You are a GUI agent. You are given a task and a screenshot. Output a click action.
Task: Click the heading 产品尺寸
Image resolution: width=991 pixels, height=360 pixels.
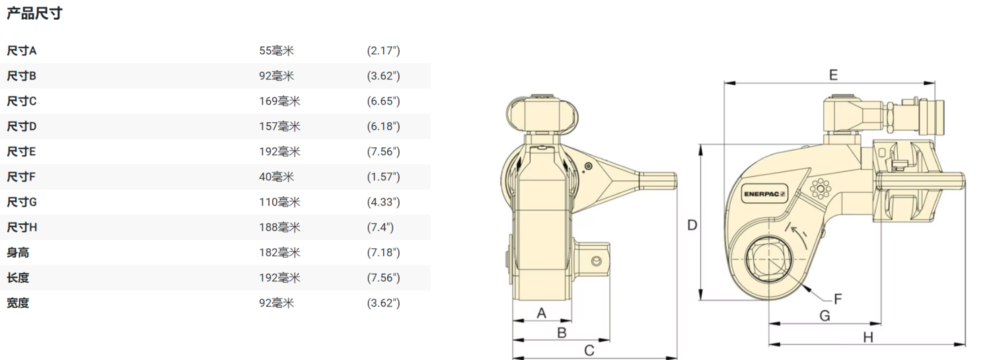click(x=34, y=13)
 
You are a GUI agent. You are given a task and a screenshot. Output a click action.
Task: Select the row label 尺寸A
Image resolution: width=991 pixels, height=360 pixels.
click(x=21, y=51)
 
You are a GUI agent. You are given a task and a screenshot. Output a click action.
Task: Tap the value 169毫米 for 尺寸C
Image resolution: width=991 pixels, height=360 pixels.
click(x=279, y=101)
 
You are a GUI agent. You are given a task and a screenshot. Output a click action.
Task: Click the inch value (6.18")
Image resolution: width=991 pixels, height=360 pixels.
click(x=383, y=126)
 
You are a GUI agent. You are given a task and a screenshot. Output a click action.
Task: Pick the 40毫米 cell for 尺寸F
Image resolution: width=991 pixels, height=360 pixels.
click(x=277, y=177)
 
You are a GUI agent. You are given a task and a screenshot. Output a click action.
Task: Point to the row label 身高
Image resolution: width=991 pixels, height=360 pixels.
click(x=18, y=252)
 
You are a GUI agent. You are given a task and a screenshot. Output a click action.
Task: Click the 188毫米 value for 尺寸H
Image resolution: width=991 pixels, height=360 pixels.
click(x=279, y=227)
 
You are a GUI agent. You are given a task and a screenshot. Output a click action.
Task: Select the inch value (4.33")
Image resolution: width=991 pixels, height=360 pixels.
click(x=383, y=202)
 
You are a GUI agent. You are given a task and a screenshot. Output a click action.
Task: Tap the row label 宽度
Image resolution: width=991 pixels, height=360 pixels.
click(x=18, y=303)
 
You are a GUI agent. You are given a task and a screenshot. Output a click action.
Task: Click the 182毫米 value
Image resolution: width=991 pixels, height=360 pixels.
click(x=279, y=252)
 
